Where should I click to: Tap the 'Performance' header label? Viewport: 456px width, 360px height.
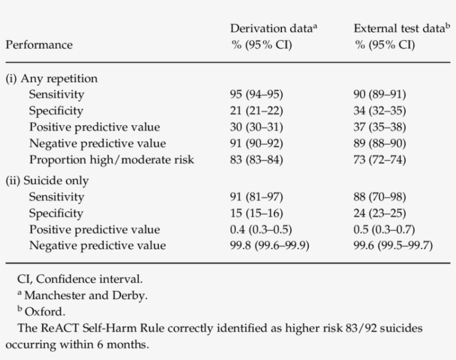pyautogui.click(x=39, y=45)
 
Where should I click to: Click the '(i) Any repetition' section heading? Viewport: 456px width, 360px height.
pyautogui.click(x=51, y=78)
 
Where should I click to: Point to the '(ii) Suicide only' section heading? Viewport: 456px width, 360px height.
pyautogui.click(x=47, y=181)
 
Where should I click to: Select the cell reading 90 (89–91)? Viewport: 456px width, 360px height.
pyautogui.click(x=380, y=95)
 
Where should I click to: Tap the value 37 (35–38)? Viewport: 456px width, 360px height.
pyautogui.click(x=380, y=127)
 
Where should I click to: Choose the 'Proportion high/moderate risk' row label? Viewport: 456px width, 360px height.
pyautogui.click(x=111, y=160)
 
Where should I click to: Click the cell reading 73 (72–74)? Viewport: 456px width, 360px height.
pyautogui.click(x=380, y=160)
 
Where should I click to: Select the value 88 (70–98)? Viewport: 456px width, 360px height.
pyautogui.click(x=380, y=197)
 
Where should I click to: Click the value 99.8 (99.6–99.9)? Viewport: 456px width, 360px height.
pyautogui.click(x=270, y=246)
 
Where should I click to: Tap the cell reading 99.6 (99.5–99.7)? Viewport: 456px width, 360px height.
pyautogui.click(x=393, y=246)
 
